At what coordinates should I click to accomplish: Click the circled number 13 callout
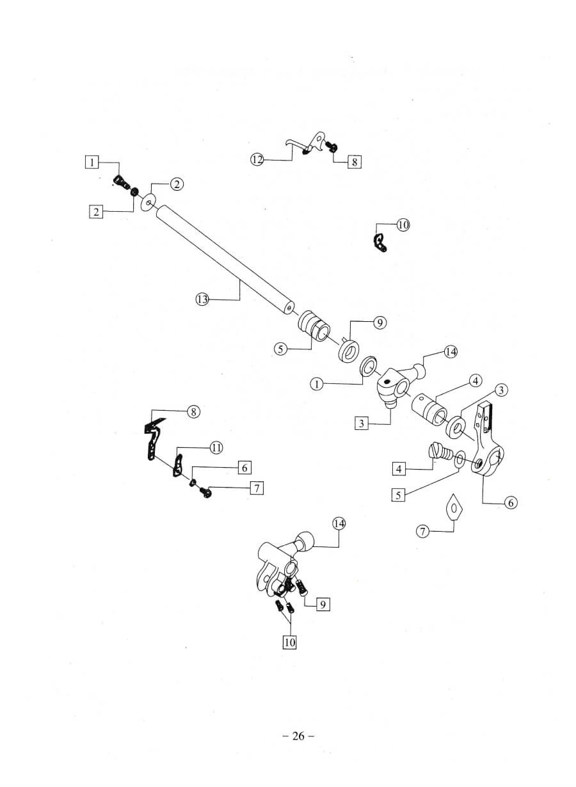point(202,299)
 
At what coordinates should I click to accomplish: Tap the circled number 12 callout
point(257,159)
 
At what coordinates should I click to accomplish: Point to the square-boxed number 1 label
point(93,162)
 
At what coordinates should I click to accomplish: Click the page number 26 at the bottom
point(298,736)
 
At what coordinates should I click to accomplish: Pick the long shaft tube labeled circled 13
point(224,259)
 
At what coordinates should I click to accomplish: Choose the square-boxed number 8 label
point(354,162)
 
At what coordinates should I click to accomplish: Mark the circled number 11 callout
point(216,448)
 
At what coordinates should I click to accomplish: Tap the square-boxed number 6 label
point(244,468)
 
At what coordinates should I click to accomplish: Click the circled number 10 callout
point(403,225)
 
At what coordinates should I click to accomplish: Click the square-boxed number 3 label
point(362,423)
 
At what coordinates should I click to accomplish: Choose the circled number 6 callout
point(510,503)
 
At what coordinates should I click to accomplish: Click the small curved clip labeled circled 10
point(380,243)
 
